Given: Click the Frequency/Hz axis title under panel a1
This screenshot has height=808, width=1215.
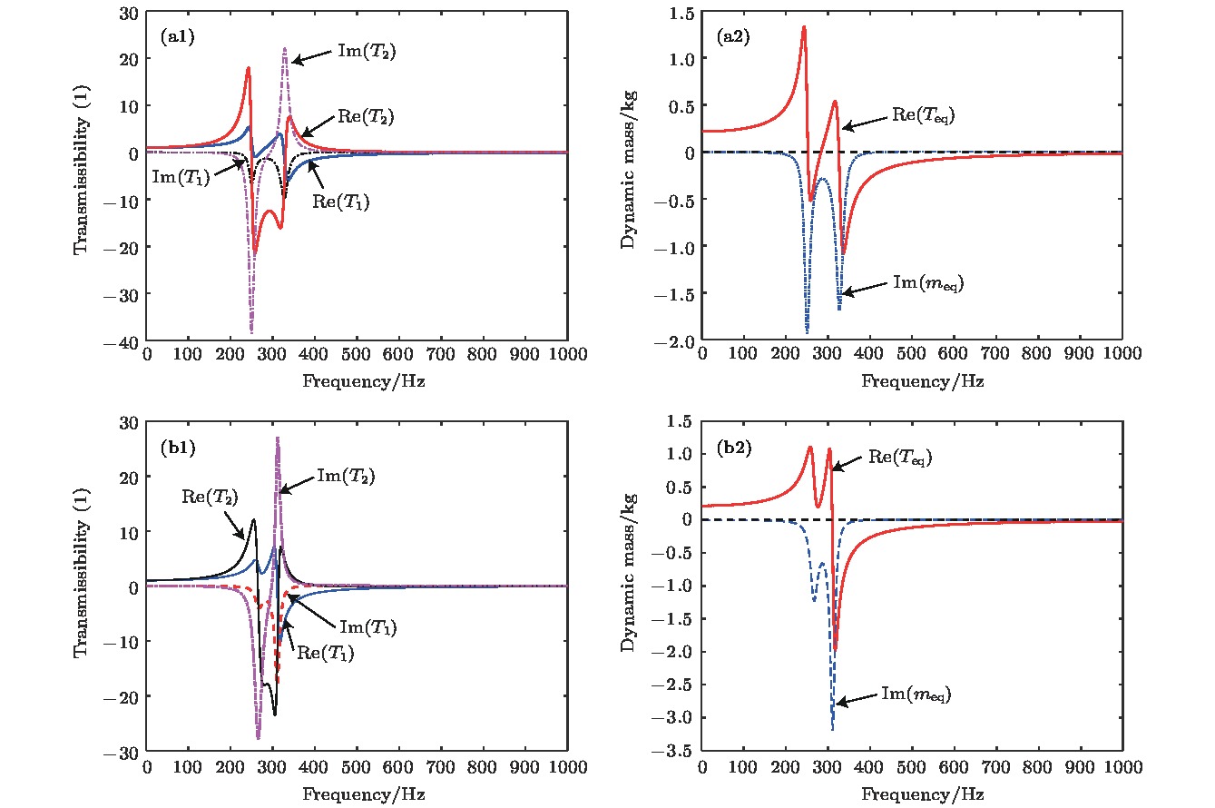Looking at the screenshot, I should point(358,381).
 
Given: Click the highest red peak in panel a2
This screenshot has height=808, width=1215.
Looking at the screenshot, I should point(804,27).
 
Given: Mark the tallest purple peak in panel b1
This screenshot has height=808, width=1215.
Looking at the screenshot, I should point(277,438).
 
